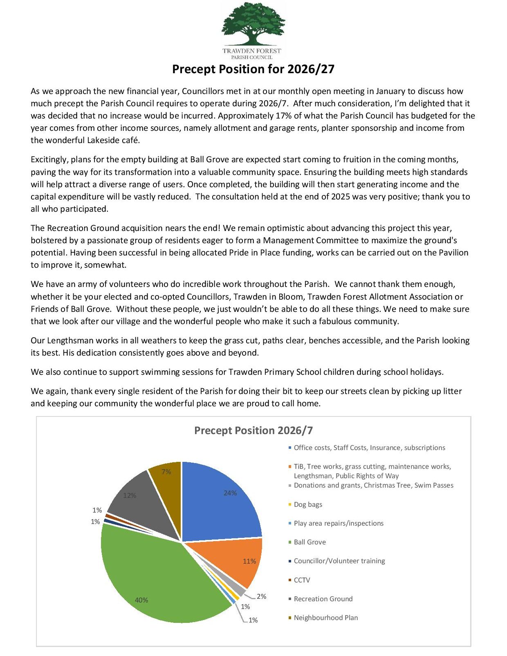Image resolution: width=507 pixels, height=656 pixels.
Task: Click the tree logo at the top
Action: tap(253, 25)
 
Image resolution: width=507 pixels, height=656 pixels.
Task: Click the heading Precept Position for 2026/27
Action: tap(253, 69)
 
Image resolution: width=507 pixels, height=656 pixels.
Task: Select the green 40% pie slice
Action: tap(155, 580)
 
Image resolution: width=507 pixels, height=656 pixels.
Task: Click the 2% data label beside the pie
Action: tap(261, 596)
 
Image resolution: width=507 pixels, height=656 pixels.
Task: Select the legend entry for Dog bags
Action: tap(307, 504)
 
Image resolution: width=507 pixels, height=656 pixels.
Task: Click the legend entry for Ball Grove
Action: tap(310, 542)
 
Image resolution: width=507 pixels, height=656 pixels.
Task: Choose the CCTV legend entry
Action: tap(302, 580)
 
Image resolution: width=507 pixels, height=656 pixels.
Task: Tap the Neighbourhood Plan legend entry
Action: tap(325, 618)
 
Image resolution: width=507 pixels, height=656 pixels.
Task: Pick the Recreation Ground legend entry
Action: tap(323, 599)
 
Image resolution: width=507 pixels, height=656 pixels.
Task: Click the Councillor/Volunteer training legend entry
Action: tap(339, 561)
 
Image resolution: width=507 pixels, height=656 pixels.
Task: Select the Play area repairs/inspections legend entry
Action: tap(338, 523)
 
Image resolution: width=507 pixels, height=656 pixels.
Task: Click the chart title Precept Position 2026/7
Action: tap(253, 430)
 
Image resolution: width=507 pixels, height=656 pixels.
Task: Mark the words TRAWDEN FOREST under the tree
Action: tap(252, 51)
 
